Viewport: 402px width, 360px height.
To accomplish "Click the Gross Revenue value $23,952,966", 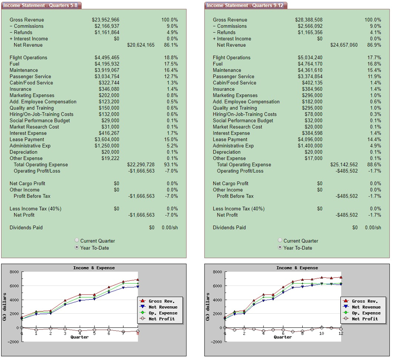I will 105,20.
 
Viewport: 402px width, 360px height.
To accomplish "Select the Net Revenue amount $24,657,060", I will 344,45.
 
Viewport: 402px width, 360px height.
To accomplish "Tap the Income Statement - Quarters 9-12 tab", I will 245,5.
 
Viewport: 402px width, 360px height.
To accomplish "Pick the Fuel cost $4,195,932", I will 107,64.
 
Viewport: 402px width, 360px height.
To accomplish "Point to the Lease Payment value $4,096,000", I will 310,140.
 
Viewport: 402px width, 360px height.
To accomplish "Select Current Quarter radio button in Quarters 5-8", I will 77,241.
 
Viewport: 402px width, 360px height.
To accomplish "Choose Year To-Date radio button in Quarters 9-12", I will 280,248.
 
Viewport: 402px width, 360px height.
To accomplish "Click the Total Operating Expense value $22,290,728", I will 141,165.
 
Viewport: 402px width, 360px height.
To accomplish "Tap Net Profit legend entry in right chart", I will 365,319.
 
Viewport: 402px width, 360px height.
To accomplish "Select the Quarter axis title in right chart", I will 283,337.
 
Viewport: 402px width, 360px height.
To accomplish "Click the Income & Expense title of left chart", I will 94,268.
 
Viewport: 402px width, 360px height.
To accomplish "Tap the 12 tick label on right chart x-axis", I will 340,333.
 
